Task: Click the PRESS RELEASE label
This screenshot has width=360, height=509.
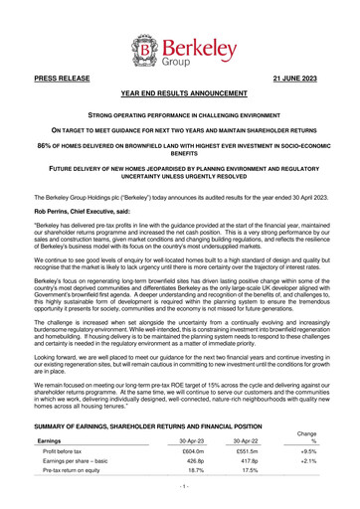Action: pyautogui.click(x=59, y=76)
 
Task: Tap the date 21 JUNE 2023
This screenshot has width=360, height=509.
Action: pyautogui.click(x=300, y=76)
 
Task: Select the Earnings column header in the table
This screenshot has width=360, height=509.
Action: pyautogui.click(x=51, y=440)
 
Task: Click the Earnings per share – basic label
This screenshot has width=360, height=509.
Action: pyautogui.click(x=84, y=464)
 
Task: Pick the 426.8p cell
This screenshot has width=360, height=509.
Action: pyautogui.click(x=195, y=464)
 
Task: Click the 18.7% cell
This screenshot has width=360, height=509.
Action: pyautogui.click(x=195, y=476)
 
